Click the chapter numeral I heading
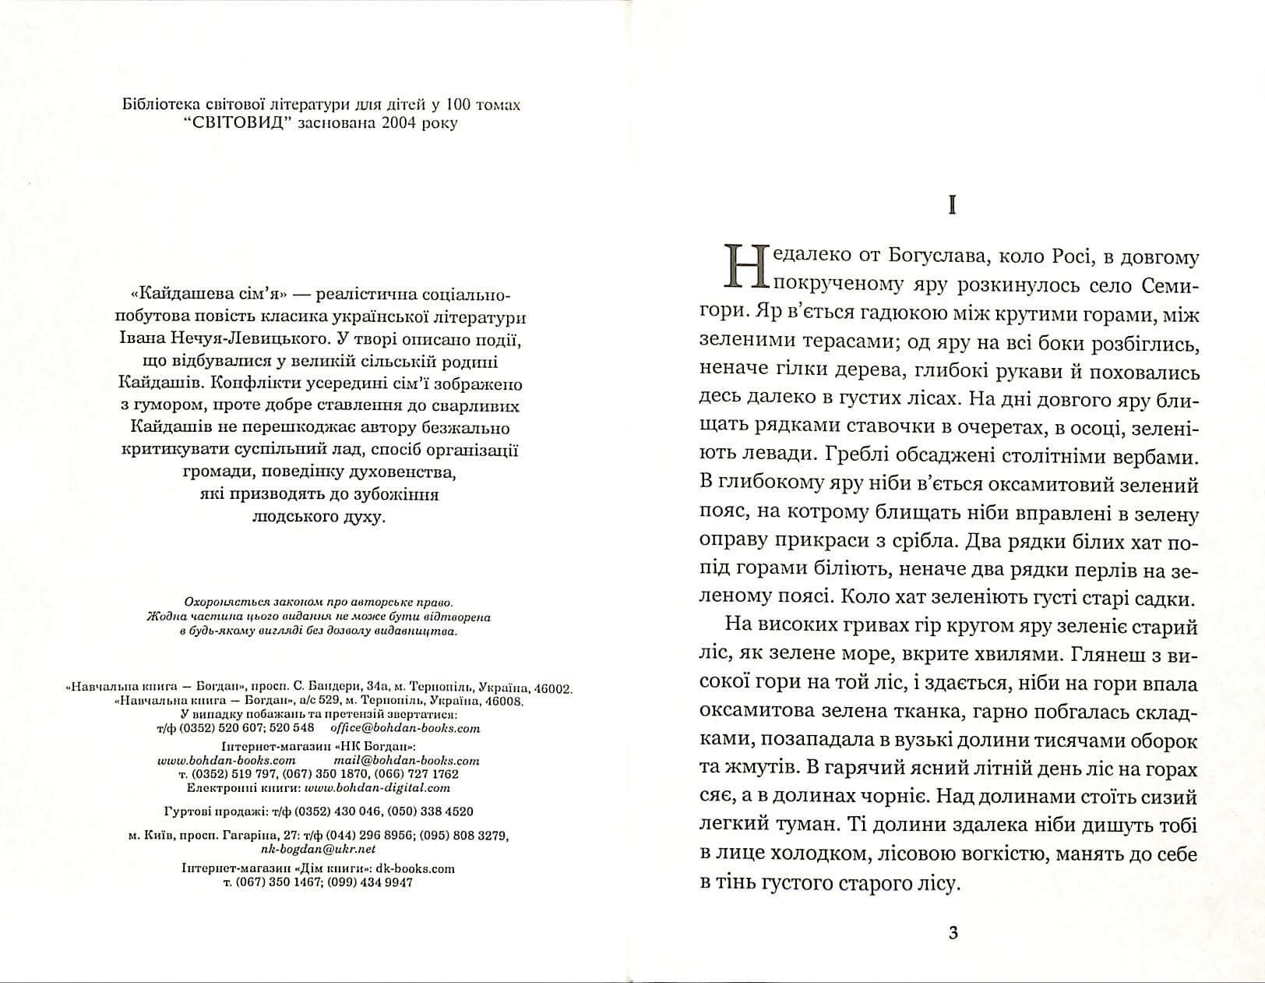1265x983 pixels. (x=951, y=205)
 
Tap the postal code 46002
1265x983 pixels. (x=555, y=689)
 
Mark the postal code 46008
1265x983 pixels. (x=506, y=701)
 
